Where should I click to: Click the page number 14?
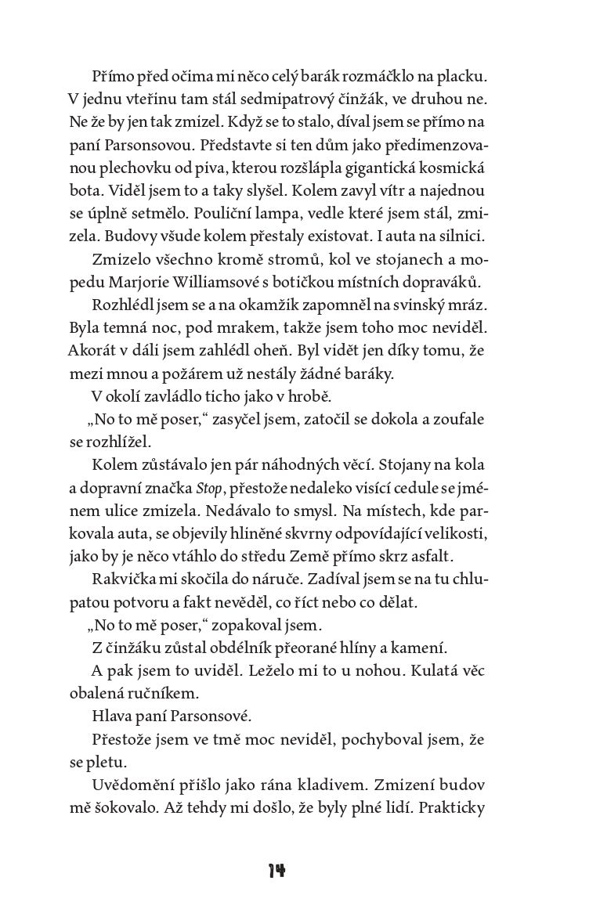277,871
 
